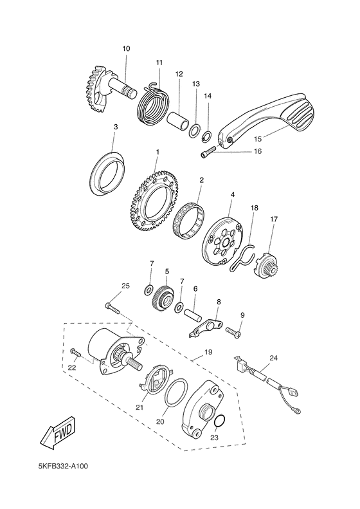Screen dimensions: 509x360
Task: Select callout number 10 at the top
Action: pyautogui.click(x=125, y=49)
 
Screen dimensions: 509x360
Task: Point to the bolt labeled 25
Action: pyautogui.click(x=113, y=308)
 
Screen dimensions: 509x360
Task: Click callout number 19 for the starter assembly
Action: pyautogui.click(x=208, y=353)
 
